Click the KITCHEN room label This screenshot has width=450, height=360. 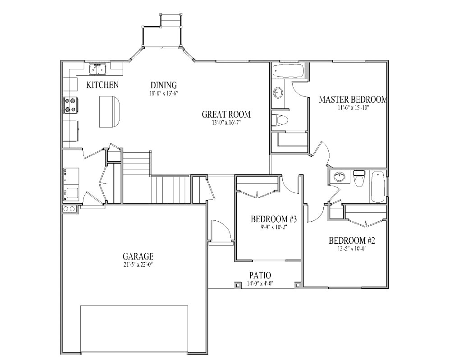[x=102, y=85]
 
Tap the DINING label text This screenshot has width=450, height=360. [x=163, y=85]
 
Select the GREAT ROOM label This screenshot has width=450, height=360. [x=225, y=114]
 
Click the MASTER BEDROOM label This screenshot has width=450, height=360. [x=353, y=100]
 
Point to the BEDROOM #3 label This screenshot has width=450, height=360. [x=273, y=219]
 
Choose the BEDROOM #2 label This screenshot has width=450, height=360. [x=352, y=240]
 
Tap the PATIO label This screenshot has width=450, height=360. [x=260, y=275]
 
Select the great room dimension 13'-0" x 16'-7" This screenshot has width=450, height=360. [x=225, y=123]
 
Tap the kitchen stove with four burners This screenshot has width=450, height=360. [x=71, y=105]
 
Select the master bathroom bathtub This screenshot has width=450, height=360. [x=289, y=71]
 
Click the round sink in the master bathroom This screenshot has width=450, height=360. [x=278, y=93]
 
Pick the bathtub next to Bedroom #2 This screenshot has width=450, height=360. [x=377, y=187]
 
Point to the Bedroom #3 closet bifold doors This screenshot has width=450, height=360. [x=257, y=194]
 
